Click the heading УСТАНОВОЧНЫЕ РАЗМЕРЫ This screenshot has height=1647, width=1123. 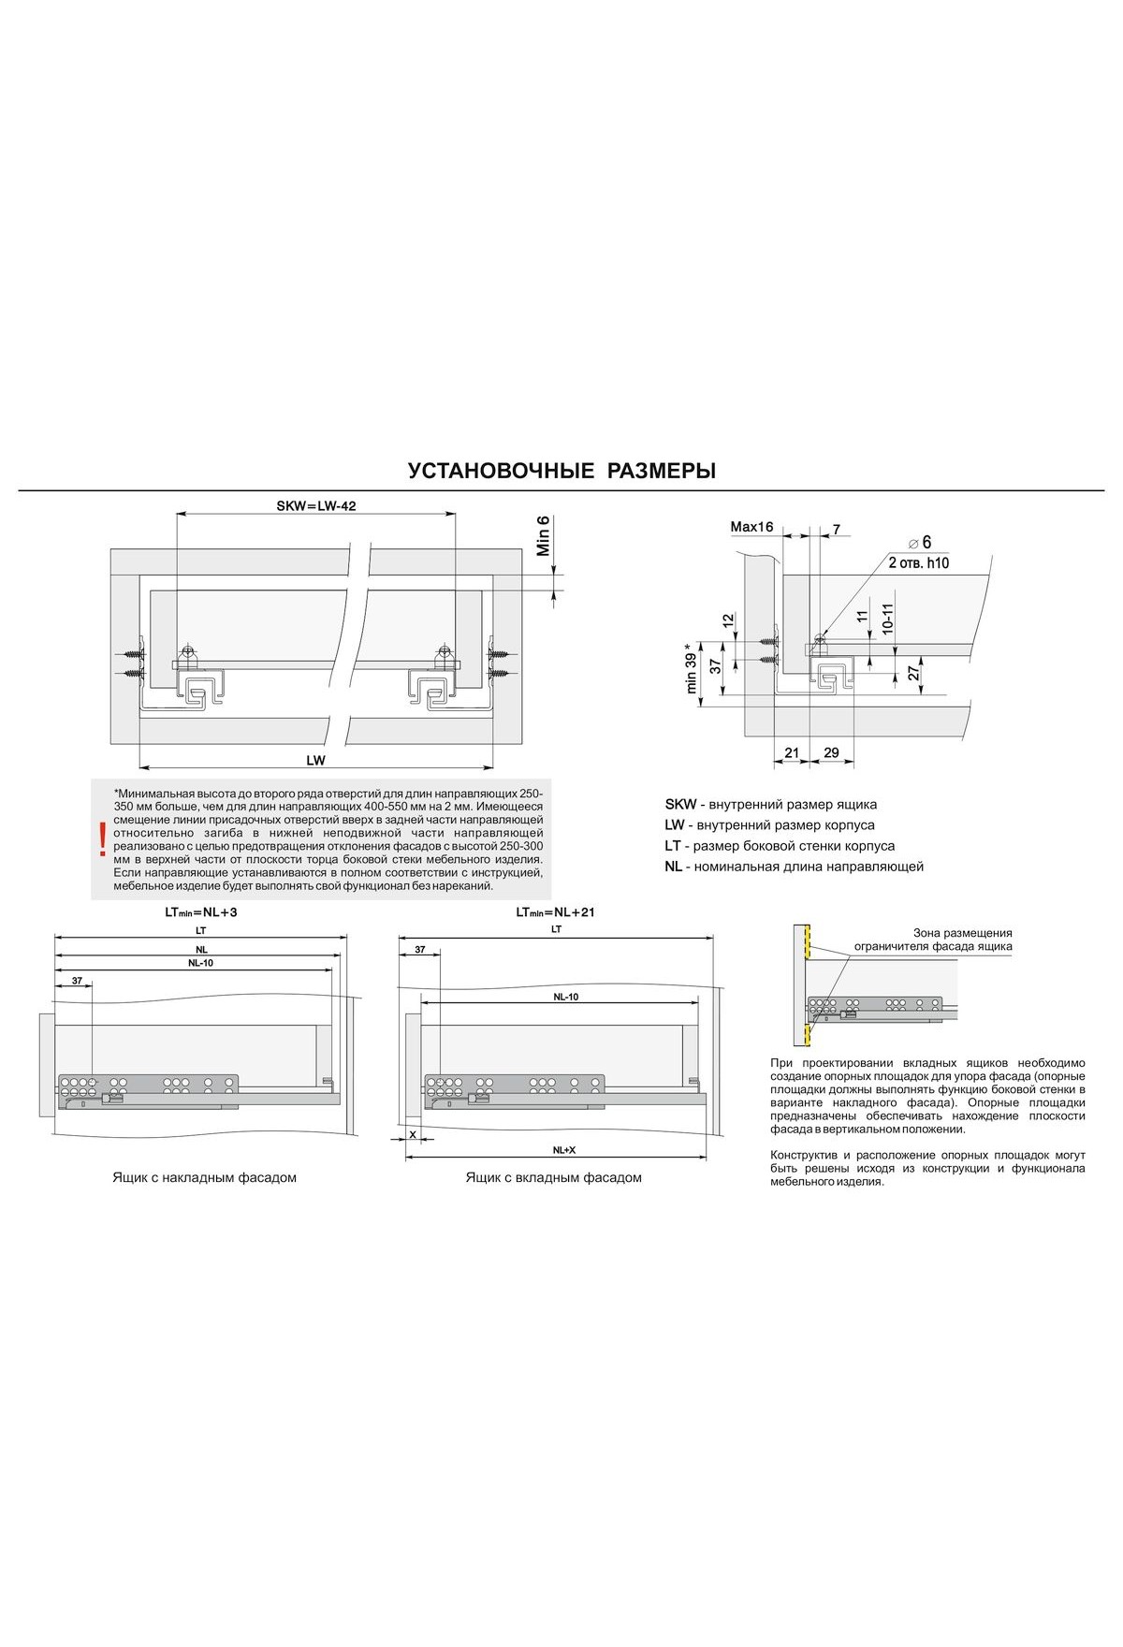pyautogui.click(x=561, y=471)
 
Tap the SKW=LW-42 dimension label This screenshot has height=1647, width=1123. pyautogui.click(x=316, y=505)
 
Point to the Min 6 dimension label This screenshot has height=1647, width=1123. pyautogui.click(x=543, y=536)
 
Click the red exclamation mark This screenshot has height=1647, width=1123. pyautogui.click(x=102, y=839)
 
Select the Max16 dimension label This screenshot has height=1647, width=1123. pyautogui.click(x=751, y=528)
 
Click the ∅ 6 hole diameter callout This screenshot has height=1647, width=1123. pyautogui.click(x=920, y=543)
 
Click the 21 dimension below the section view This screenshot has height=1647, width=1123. pyautogui.click(x=792, y=753)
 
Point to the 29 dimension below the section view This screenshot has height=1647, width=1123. pyautogui.click(x=830, y=753)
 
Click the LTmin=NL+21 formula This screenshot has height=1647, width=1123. pyautogui.click(x=556, y=911)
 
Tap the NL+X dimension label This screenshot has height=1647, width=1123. pyautogui.click(x=562, y=1150)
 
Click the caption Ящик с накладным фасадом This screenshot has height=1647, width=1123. pyautogui.click(x=204, y=1177)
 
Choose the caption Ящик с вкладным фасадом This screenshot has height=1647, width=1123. pyautogui.click(x=554, y=1177)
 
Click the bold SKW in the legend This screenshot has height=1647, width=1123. pyautogui.click(x=680, y=805)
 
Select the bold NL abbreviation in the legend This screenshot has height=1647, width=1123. pyautogui.click(x=674, y=867)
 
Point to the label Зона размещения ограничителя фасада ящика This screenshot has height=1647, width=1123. pyautogui.click(x=961, y=940)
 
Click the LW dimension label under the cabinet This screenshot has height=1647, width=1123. pyautogui.click(x=315, y=761)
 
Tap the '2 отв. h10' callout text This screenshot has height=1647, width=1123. pyautogui.click(x=918, y=562)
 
